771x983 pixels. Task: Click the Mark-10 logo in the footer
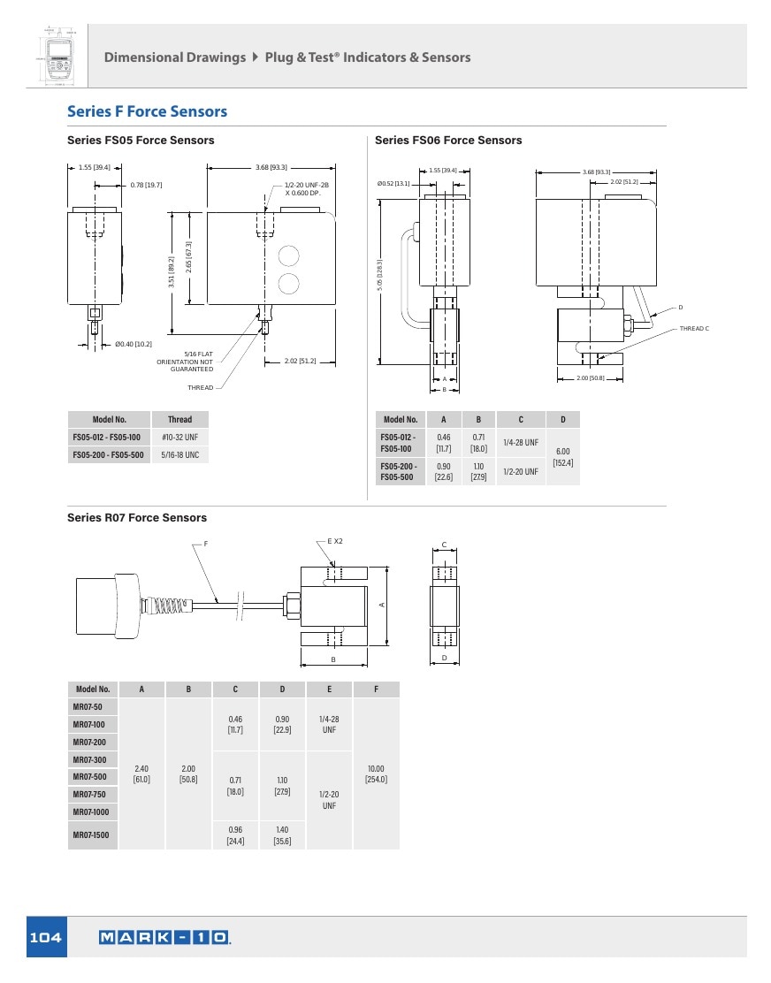coord(164,937)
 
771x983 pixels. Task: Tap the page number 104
coord(46,937)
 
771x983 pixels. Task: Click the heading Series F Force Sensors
coord(148,111)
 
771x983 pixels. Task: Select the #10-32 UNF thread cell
coord(179,437)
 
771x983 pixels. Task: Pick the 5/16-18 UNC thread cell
coord(179,454)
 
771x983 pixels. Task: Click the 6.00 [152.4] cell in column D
coord(563,457)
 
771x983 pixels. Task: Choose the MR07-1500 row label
coord(91,835)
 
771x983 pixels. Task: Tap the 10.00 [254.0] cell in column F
coord(376,773)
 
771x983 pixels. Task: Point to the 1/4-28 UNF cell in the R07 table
coord(329,724)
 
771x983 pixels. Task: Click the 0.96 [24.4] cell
coord(236,835)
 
